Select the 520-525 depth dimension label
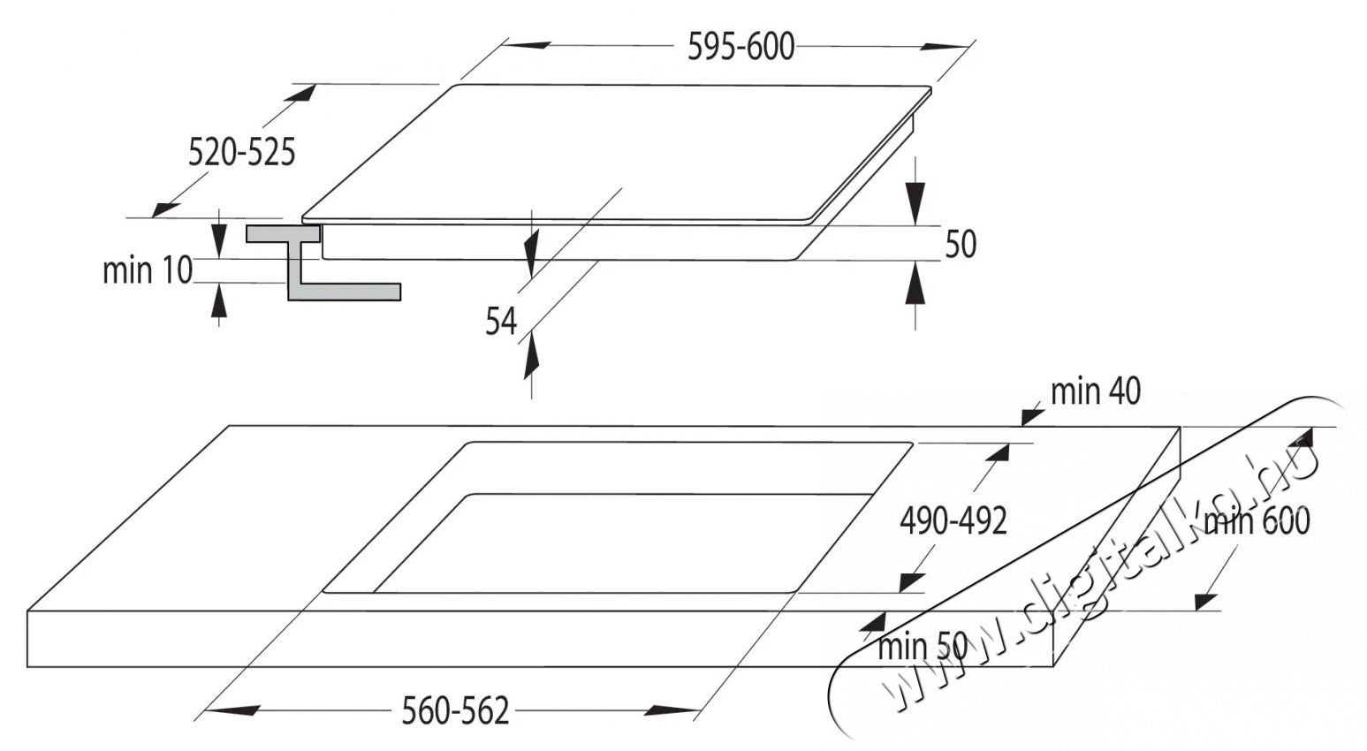tap(241, 153)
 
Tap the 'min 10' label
tap(147, 270)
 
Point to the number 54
tap(500, 321)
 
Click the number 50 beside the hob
tap(960, 244)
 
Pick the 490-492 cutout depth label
tap(953, 521)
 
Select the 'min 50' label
tap(922, 646)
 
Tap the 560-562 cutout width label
tap(455, 709)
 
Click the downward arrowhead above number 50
tap(916, 201)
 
